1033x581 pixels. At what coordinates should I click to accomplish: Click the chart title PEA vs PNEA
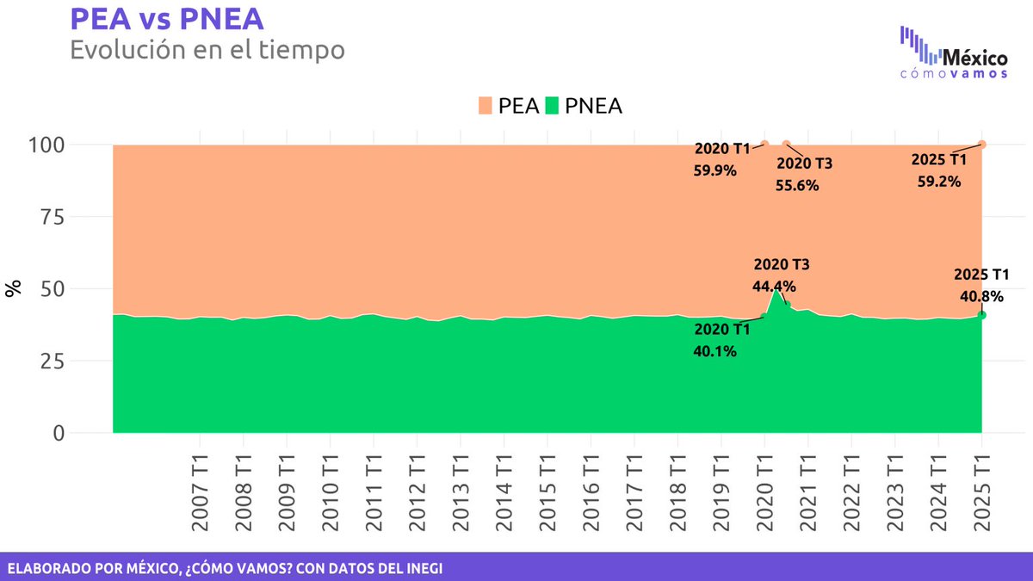click(166, 19)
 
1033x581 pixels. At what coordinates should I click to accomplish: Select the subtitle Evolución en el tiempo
click(207, 50)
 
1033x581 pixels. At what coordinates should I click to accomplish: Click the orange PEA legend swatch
click(485, 106)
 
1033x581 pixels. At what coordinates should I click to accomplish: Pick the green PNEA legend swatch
click(551, 106)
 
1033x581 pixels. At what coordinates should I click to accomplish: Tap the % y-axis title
click(14, 289)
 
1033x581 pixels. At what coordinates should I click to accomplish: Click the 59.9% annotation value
click(714, 170)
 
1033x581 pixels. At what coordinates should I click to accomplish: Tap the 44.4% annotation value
click(774, 287)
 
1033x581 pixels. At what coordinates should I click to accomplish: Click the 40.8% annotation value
click(981, 296)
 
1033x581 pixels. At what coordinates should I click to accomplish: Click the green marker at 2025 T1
click(982, 315)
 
